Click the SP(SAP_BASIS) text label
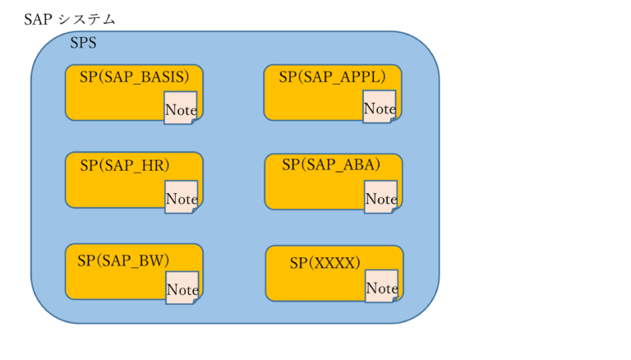point(134,76)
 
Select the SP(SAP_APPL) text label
point(332,77)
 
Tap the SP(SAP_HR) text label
point(124,165)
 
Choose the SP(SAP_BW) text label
point(123,261)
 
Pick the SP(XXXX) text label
point(325,263)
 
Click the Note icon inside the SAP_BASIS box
point(181,108)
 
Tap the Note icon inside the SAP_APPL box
point(380,108)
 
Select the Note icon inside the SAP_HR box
point(182,198)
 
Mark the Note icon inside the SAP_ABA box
point(381,198)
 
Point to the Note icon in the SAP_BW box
point(182,288)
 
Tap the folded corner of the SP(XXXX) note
point(394,298)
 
